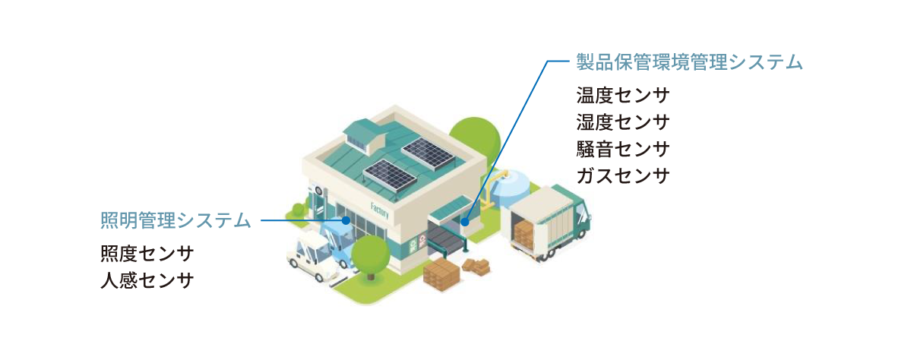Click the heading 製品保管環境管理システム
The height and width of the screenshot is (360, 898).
689,62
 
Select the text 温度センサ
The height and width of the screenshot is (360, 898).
623,97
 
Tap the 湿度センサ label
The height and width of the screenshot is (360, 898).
623,123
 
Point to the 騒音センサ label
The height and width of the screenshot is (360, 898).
623,150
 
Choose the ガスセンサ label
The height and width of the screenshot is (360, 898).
623,176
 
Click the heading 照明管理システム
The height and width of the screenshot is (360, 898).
175,221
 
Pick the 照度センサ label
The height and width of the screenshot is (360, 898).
147,254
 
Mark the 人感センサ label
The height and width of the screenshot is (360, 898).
147,280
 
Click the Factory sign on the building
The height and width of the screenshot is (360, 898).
379,210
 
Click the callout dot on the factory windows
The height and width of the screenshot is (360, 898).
346,221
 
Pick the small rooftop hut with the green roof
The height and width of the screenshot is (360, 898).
363,135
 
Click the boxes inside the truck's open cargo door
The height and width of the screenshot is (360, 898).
525,235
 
